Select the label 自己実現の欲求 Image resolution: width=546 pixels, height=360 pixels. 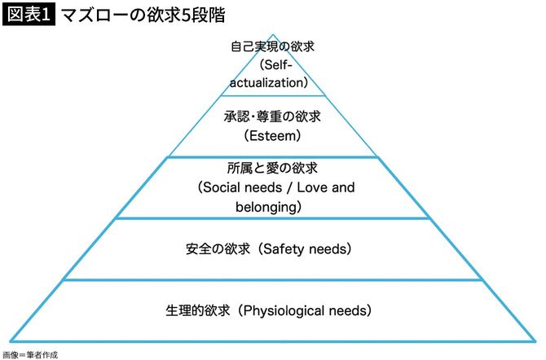(272, 46)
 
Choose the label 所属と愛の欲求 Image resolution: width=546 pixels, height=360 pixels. (272, 169)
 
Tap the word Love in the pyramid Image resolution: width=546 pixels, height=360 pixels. (313, 188)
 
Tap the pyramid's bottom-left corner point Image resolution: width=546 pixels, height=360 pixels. (11, 340)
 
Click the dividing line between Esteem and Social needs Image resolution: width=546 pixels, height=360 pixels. (272, 157)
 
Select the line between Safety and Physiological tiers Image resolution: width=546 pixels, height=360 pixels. (272, 279)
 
